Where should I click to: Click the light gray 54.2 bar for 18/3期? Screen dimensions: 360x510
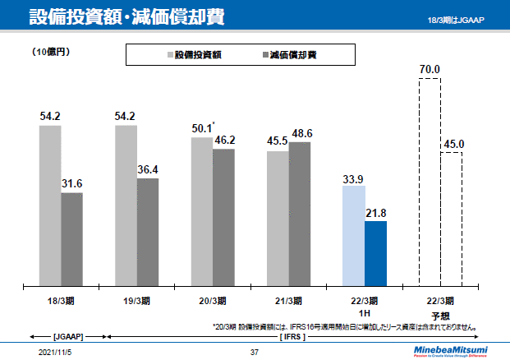coord(50,205)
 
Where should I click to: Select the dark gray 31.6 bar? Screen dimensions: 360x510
coord(72,239)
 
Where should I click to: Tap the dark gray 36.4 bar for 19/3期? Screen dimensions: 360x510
coord(148,232)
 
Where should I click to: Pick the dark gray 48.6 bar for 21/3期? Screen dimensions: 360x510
coord(300,214)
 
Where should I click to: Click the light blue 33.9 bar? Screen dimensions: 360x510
coord(353,236)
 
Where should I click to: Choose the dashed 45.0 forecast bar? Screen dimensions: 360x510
coord(452,219)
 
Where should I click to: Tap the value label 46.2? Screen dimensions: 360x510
coord(224,140)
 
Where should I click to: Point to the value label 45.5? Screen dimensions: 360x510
coord(278,141)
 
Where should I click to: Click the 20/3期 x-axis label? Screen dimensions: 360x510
coord(213,300)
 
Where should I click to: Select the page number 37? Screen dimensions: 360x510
coord(255,352)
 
